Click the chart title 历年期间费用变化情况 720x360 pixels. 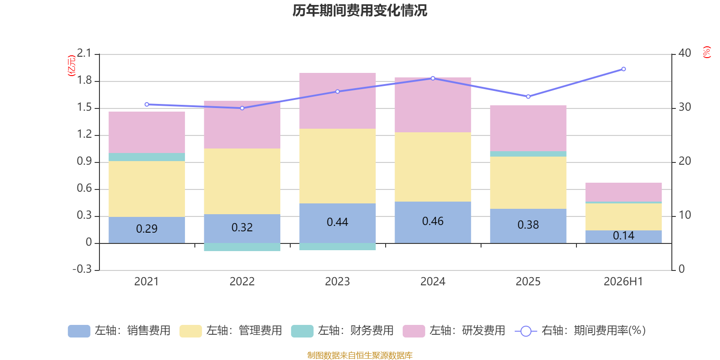[360, 11]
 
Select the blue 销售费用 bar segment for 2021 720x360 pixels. [147, 230]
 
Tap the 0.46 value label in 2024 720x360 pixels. [432, 221]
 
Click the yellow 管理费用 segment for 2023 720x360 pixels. [337, 166]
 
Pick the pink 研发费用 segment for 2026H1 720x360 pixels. [624, 192]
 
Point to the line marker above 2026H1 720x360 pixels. [624, 69]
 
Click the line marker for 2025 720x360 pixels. [528, 96]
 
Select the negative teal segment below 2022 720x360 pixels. [242, 247]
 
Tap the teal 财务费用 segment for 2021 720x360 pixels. [147, 157]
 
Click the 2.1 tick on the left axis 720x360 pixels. [84, 53]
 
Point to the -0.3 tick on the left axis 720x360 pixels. [82, 269]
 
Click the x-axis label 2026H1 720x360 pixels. [623, 282]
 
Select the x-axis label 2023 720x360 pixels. [337, 282]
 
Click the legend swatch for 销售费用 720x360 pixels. [79, 331]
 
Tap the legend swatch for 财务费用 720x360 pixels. [302, 331]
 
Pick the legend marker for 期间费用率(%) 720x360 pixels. [526, 331]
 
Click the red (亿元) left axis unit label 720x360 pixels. [72, 66]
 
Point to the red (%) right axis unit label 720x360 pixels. [706, 52]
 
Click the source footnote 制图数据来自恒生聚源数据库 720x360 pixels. [360, 355]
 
